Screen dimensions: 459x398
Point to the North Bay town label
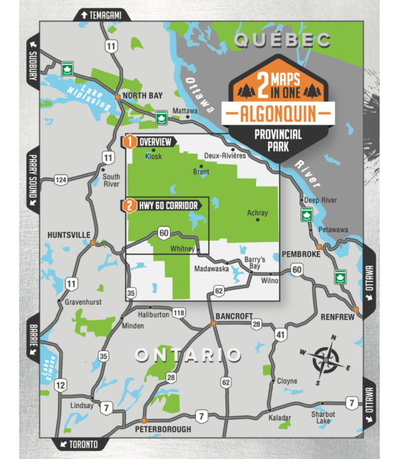pos(143,97)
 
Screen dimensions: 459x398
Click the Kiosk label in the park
pos(154,156)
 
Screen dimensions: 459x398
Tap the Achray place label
pos(257,213)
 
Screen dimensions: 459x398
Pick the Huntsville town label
pos(69,234)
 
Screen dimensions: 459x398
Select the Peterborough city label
pos(163,429)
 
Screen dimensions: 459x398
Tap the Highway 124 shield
pos(60,179)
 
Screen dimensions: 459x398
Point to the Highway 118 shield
pos(179,313)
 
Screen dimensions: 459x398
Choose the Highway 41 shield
pos(280,334)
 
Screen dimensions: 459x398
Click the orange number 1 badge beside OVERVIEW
pos(129,142)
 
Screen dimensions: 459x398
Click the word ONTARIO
pos(187,355)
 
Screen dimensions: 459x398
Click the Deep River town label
pos(320,200)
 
